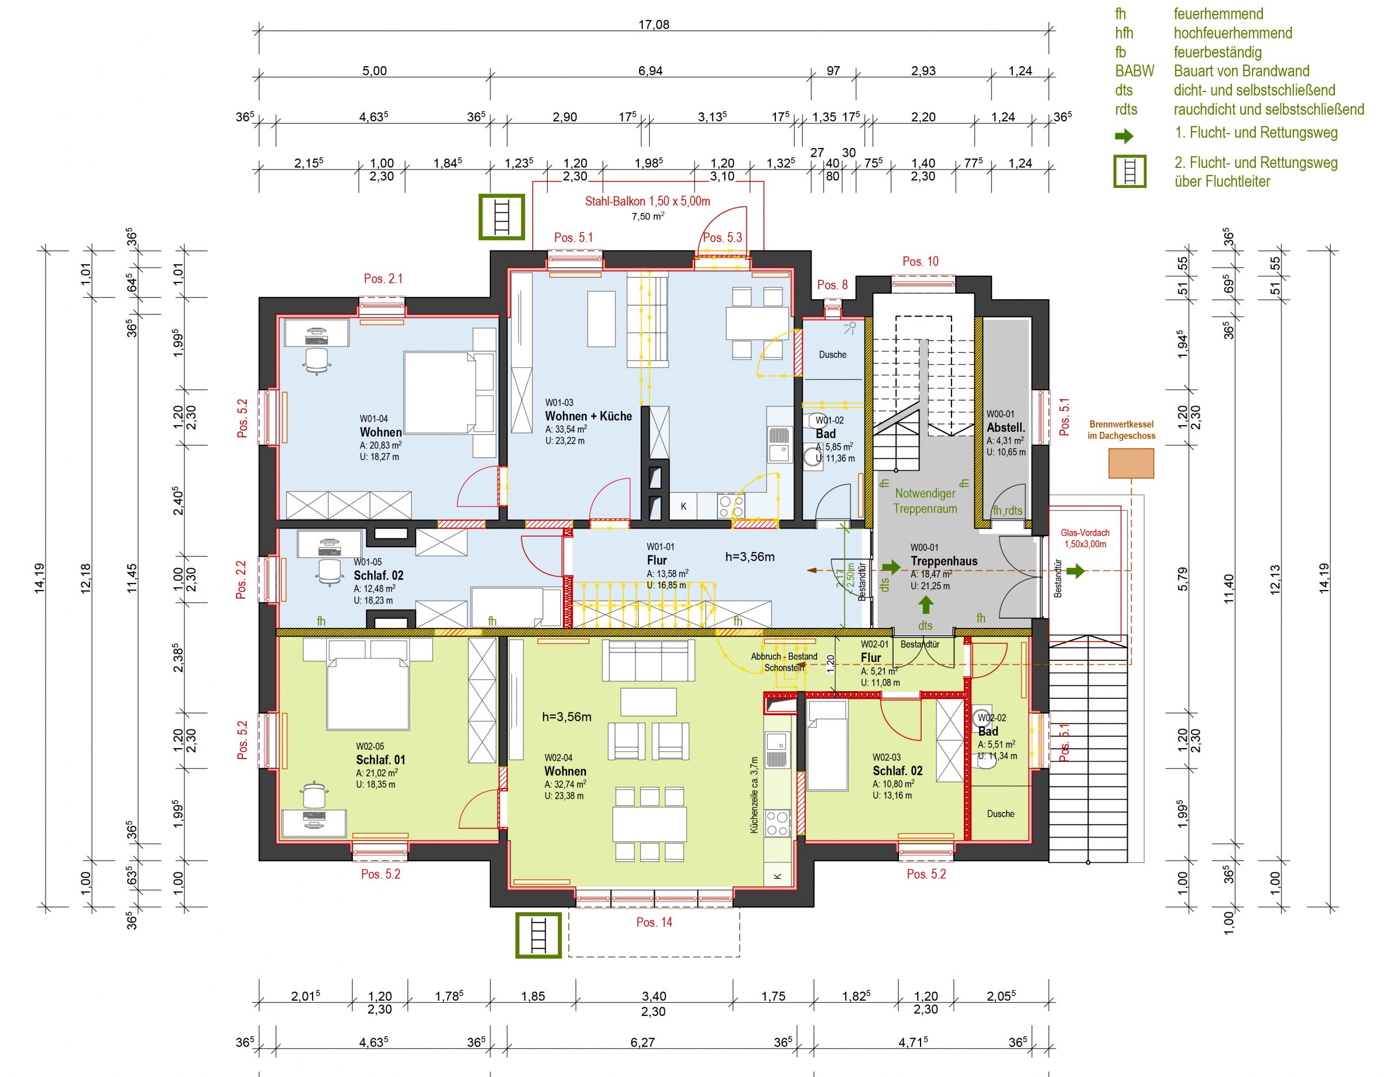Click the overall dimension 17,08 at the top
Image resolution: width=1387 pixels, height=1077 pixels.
coord(653,25)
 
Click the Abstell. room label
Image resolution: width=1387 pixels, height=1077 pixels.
coord(1006,427)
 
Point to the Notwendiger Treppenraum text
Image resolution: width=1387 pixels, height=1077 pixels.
coord(925,501)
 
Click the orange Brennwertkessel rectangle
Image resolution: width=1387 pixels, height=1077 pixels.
coord(1131,463)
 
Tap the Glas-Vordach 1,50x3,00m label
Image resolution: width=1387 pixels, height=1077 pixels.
coord(1085,538)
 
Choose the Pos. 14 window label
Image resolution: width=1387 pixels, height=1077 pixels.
coord(654,922)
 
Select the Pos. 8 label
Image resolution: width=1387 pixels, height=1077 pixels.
coord(832,284)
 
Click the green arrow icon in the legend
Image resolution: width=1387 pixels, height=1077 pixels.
coord(1124,136)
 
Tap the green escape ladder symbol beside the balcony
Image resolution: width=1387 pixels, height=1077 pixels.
coord(502,217)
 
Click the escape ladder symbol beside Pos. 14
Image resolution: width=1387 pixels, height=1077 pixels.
coord(539,936)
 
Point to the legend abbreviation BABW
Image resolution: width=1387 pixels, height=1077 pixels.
coord(1134,71)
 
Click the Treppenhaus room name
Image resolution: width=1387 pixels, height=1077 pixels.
coord(944,561)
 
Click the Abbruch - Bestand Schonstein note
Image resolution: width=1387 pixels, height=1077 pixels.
coord(785,661)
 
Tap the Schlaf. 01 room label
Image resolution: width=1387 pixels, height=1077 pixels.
coord(380,760)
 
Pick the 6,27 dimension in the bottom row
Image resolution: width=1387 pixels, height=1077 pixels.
coord(643,1042)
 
